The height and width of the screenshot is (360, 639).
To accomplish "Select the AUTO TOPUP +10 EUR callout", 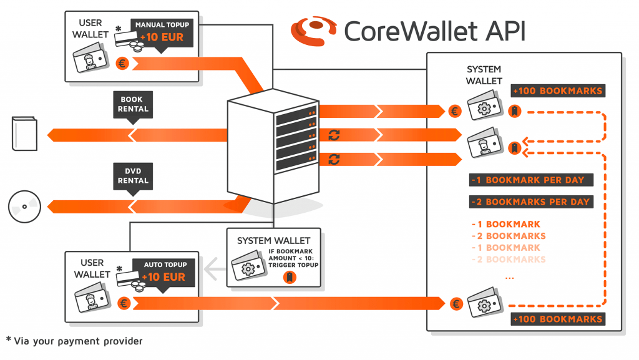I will pyautogui.click(x=163, y=271).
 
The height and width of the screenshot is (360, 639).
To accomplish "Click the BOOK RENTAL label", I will pyautogui.click(x=134, y=104).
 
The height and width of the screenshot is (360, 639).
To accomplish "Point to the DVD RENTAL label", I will pyautogui.click(x=134, y=176).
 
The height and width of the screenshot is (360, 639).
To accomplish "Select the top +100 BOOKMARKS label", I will pyautogui.click(x=558, y=91).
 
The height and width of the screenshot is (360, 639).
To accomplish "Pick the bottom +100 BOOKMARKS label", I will pyautogui.click(x=558, y=319).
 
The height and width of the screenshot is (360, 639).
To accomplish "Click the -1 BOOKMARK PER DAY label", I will pyautogui.click(x=530, y=180).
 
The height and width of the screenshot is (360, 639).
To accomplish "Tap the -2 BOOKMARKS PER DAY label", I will pyautogui.click(x=530, y=202).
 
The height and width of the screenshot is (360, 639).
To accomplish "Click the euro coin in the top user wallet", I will pyautogui.click(x=122, y=63).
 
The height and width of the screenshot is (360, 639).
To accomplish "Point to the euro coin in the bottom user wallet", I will pyautogui.click(x=124, y=303).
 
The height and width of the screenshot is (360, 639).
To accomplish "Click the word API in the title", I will pyautogui.click(x=499, y=31).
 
